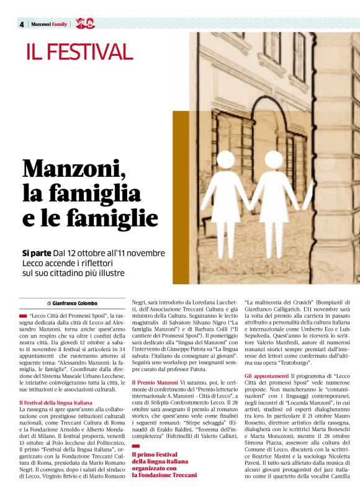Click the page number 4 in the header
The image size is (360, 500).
point(22,24)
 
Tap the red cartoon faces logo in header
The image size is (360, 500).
point(85,24)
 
